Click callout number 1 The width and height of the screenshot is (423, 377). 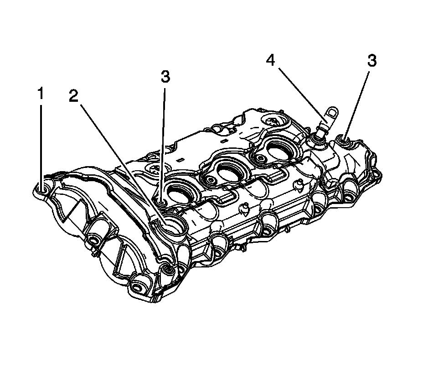pos(41,94)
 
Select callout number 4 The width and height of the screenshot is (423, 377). pos(271,61)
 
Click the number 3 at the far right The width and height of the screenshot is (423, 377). pos(372,61)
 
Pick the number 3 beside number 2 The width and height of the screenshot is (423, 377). pos(165,77)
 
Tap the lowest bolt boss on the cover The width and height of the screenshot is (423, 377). pos(138,287)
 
